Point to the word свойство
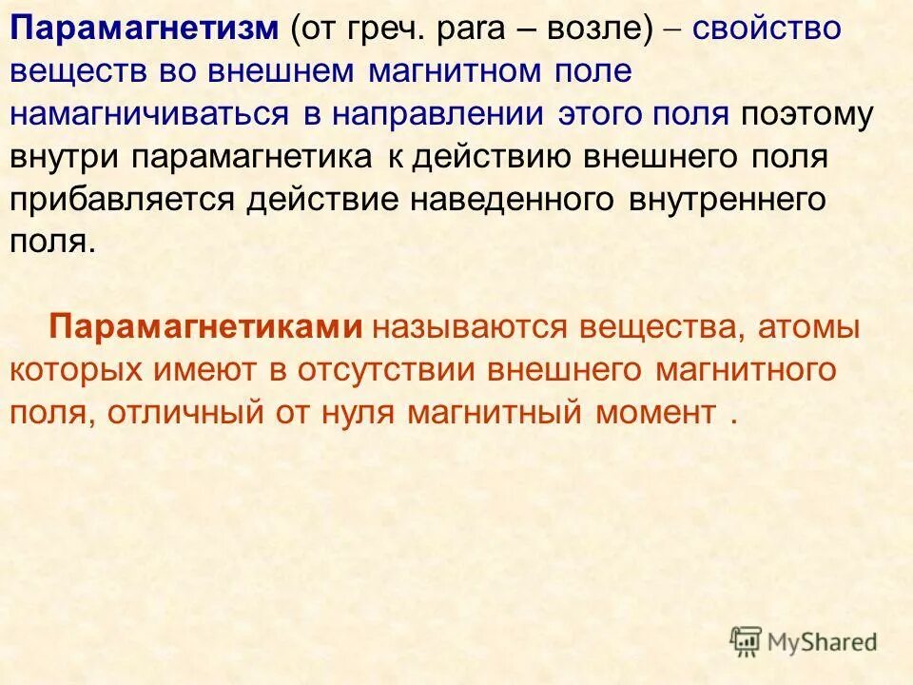pyautogui.click(x=767, y=29)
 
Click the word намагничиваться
pyautogui.click(x=149, y=114)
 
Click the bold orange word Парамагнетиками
pyautogui.click(x=206, y=327)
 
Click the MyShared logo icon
pyautogui.click(x=747, y=642)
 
